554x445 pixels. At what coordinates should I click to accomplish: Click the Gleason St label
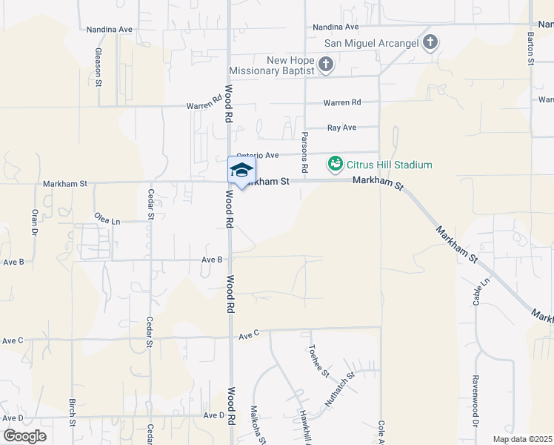pyautogui.click(x=98, y=67)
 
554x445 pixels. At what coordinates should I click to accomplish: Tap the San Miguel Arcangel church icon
pyautogui.click(x=430, y=43)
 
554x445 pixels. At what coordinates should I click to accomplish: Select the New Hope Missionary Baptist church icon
pyautogui.click(x=326, y=65)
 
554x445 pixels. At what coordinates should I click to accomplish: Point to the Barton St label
pyautogui.click(x=531, y=49)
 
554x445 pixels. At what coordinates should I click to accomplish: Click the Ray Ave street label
pyautogui.click(x=341, y=128)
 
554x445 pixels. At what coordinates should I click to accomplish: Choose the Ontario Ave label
pyautogui.click(x=258, y=155)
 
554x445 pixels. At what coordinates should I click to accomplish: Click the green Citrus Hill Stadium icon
pyautogui.click(x=335, y=163)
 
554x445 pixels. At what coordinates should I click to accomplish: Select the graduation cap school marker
pyautogui.click(x=241, y=171)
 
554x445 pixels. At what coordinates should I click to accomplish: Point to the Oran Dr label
pyautogui.click(x=34, y=220)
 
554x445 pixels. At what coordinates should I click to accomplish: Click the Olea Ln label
pyautogui.click(x=107, y=220)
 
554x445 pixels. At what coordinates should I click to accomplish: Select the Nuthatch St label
pyautogui.click(x=339, y=389)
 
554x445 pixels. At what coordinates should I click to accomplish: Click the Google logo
pyautogui.click(x=24, y=436)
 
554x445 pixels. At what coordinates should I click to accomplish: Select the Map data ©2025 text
pyautogui.click(x=521, y=439)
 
